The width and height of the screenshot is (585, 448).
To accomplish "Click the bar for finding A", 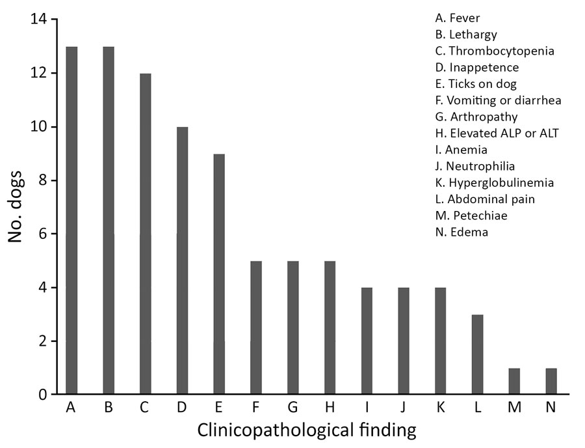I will pyautogui.click(x=71, y=221).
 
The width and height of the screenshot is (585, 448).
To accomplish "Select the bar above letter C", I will pyautogui.click(x=146, y=234).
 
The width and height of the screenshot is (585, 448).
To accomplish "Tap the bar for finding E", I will pyautogui.click(x=219, y=274).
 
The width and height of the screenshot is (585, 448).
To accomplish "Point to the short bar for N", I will pyautogui.click(x=551, y=381).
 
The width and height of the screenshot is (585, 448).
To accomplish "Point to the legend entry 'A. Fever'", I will pyautogui.click(x=458, y=18).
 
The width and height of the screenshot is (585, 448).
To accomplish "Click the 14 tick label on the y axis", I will pyautogui.click(x=38, y=20).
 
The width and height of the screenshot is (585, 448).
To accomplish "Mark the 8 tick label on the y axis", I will pyautogui.click(x=42, y=180).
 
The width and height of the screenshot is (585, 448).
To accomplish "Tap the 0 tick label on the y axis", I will pyautogui.click(x=42, y=395).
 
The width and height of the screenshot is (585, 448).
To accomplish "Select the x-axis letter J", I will pyautogui.click(x=404, y=408).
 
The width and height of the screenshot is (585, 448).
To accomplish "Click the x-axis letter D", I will pyautogui.click(x=182, y=408).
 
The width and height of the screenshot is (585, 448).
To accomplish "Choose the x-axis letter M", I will pyautogui.click(x=513, y=408).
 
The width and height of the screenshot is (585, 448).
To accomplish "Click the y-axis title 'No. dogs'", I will pyautogui.click(x=17, y=207).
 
